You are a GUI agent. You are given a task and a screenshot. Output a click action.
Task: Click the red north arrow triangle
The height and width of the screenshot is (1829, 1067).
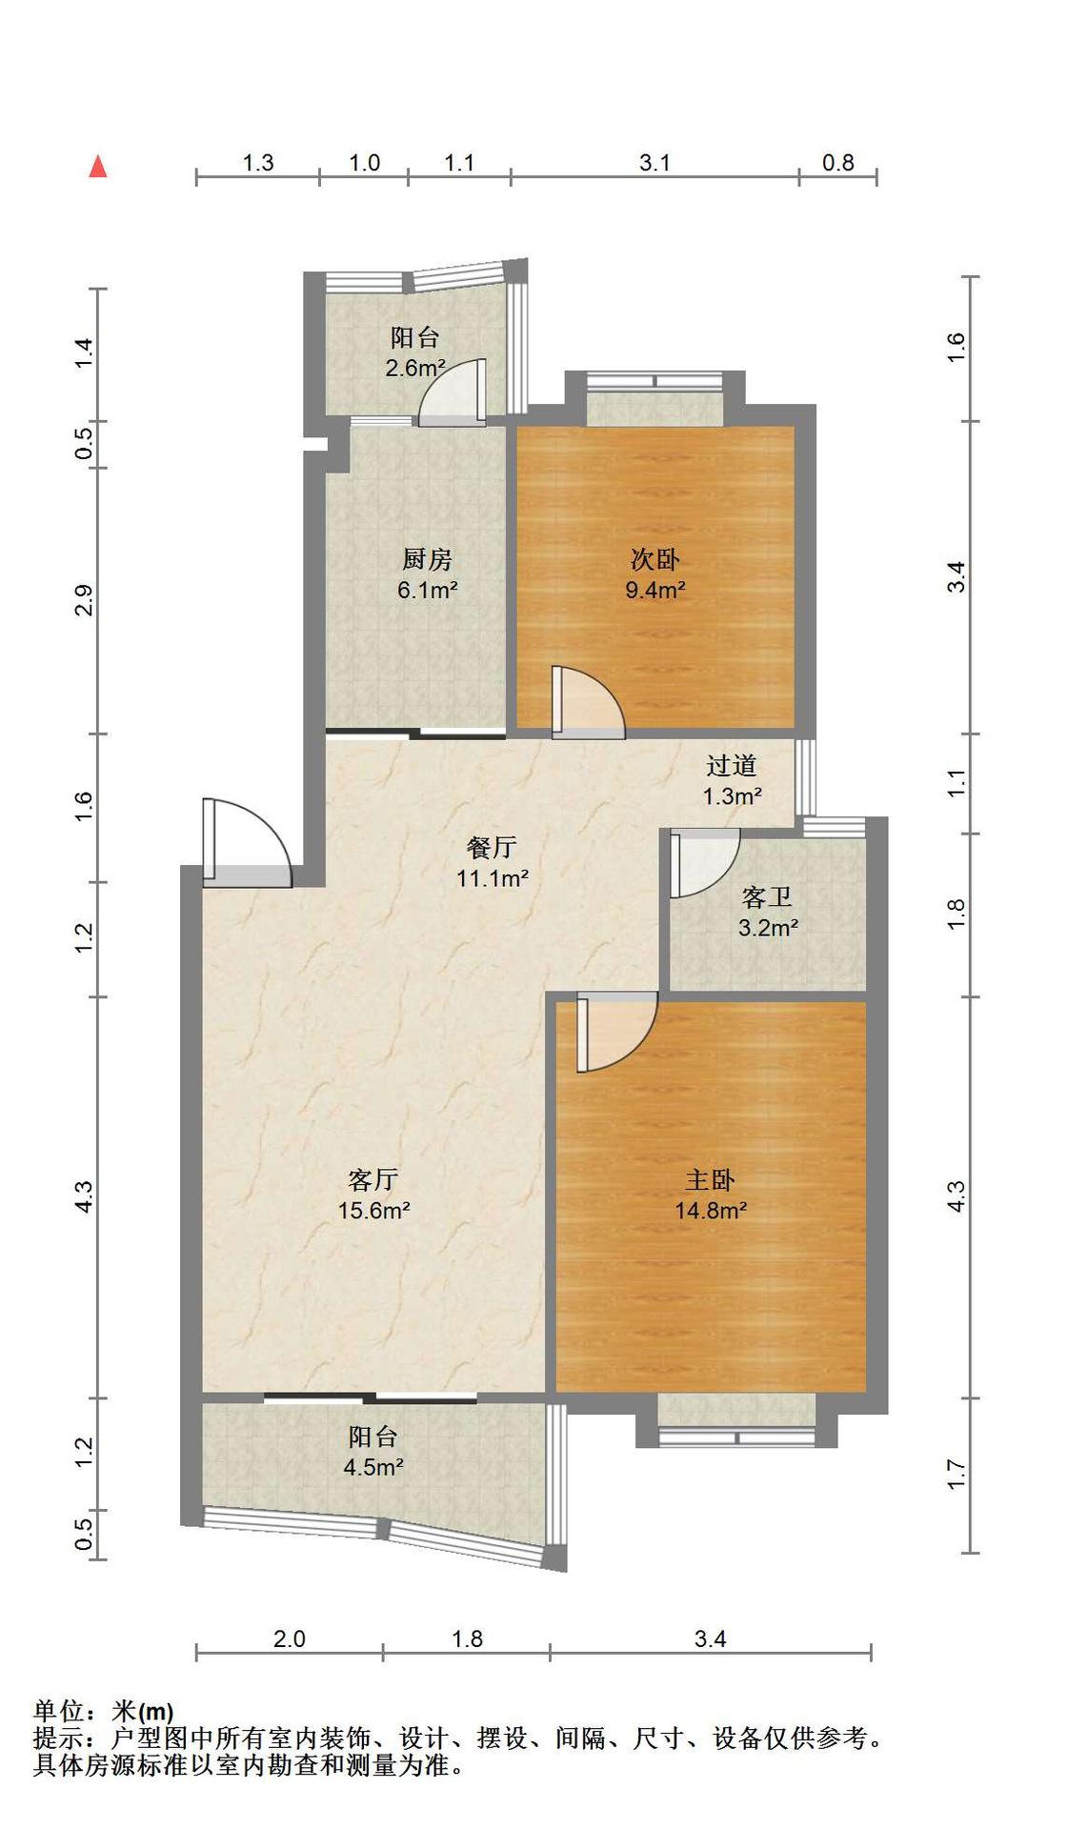click(98, 167)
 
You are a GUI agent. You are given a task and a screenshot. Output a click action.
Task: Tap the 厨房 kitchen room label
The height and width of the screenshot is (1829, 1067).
click(427, 559)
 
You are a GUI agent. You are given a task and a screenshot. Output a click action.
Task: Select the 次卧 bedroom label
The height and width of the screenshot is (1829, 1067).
click(655, 559)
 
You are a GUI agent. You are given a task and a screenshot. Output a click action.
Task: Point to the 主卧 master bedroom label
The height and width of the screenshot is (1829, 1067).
click(711, 1180)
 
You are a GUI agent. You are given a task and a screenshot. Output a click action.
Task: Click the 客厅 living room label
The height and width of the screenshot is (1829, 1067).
click(372, 1180)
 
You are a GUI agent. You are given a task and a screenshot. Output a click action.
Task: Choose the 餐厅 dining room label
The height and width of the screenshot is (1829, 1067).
click(493, 847)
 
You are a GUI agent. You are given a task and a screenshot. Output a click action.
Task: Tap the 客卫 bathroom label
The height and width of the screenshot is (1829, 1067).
click(767, 896)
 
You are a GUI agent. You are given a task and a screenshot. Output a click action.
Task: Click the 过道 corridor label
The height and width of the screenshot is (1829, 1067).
click(732, 765)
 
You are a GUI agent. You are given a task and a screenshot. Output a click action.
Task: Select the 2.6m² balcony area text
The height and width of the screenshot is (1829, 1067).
click(415, 368)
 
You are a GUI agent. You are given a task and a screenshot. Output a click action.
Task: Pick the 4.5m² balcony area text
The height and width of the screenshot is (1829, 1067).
click(373, 1467)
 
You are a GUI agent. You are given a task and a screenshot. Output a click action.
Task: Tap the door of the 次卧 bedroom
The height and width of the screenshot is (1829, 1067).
click(588, 703)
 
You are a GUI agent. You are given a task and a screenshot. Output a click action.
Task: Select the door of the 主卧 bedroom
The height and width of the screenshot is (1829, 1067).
click(617, 1032)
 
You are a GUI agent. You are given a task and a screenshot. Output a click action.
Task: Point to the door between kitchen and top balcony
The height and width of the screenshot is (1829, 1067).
click(453, 392)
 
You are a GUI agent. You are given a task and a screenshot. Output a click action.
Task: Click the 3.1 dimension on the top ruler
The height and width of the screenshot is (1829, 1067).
click(654, 163)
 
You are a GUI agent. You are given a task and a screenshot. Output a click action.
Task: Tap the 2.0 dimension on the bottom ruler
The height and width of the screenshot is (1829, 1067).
click(290, 1638)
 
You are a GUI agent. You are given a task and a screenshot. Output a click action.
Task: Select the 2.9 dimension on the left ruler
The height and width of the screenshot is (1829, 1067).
click(85, 600)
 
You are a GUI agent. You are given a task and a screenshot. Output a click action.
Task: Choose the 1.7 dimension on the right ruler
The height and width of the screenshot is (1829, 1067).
click(956, 1475)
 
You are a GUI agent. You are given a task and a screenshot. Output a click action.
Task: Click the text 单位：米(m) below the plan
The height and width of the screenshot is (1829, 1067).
click(104, 1712)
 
